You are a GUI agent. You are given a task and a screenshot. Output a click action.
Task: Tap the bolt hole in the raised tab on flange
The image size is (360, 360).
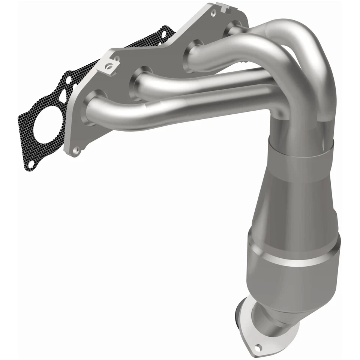[x=119, y=67]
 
